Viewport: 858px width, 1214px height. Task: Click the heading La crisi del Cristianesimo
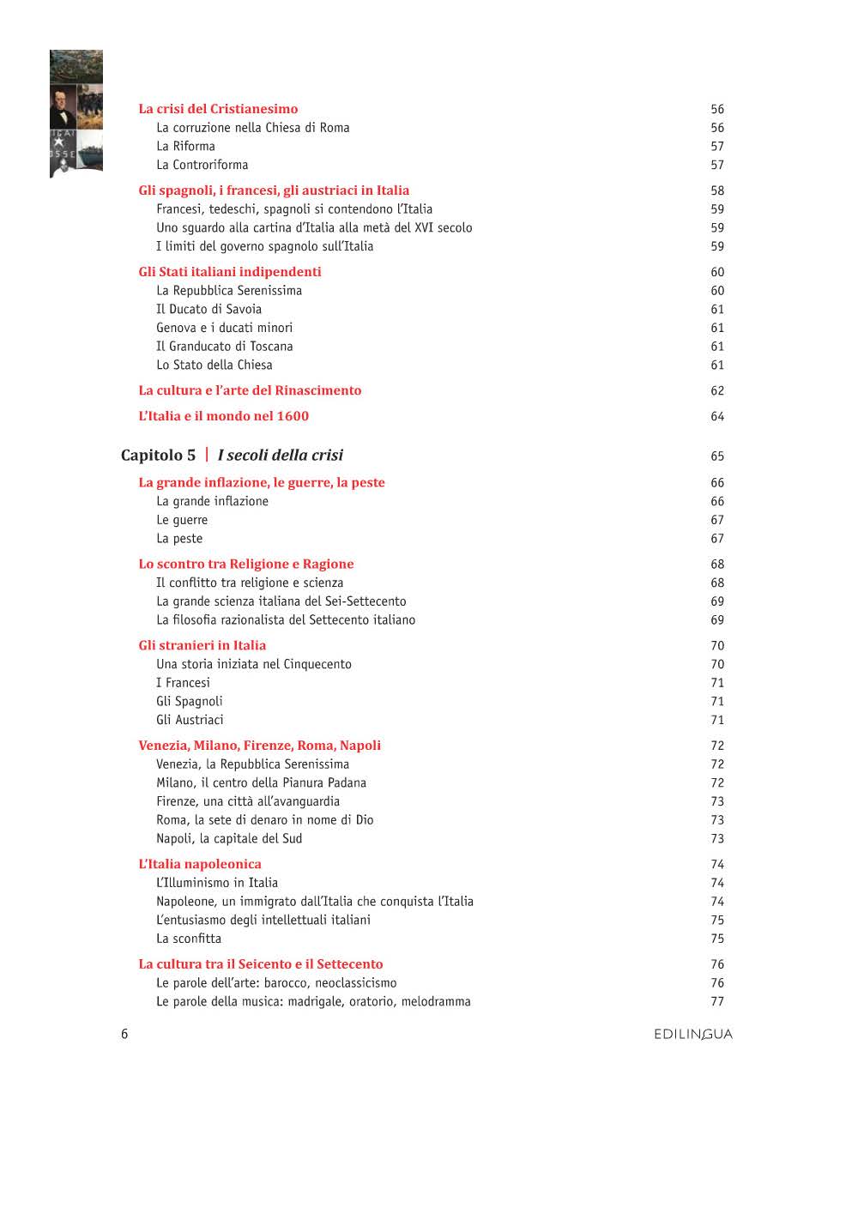[218, 109]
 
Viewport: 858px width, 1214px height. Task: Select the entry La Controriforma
[202, 165]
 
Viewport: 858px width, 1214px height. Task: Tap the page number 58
[717, 190]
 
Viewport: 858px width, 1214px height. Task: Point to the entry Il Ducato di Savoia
[208, 309]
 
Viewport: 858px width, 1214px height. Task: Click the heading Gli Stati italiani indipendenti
[230, 272]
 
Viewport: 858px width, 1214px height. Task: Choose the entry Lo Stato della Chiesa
[214, 365]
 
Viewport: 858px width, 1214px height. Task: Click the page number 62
[717, 391]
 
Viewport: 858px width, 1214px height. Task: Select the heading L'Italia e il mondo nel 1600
[223, 416]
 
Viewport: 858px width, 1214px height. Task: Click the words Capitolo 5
[158, 456]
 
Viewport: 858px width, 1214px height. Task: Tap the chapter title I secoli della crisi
[280, 456]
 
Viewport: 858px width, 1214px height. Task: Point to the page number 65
[717, 456]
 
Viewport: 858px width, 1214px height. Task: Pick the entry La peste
[179, 539]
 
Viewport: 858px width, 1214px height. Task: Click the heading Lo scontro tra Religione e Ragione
[246, 565]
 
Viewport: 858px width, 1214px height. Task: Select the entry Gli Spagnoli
[189, 702]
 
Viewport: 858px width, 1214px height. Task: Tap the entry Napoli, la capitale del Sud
[229, 839]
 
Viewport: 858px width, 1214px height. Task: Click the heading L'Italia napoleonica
[200, 865]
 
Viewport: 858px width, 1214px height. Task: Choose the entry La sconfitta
[189, 939]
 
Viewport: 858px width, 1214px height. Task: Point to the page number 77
[717, 1001]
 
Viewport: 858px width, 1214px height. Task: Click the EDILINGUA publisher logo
[693, 1035]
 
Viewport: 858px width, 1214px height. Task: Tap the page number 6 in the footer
[124, 1034]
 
